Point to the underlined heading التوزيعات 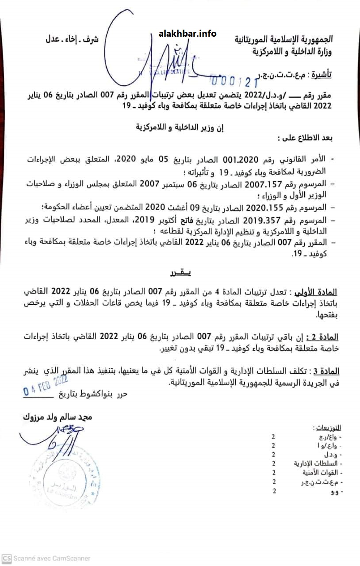[327, 428]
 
